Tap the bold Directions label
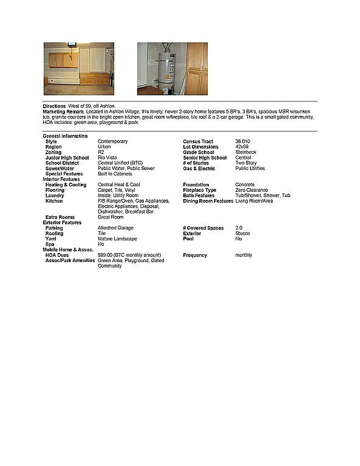tap(54, 106)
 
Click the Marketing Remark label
tap(63, 112)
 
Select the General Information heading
tap(65, 136)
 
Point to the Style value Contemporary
tap(112, 141)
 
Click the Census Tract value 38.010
tap(242, 141)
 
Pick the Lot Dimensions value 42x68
tap(242, 147)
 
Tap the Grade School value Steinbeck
tap(246, 152)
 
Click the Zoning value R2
tap(101, 152)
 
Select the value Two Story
tap(246, 163)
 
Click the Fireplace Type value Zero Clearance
tap(251, 190)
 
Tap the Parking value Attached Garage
tap(115, 228)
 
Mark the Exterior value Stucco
tap(242, 233)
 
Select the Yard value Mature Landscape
tap(118, 238)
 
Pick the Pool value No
tap(238, 238)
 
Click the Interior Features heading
tap(61, 179)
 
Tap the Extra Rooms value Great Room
tap(110, 217)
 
